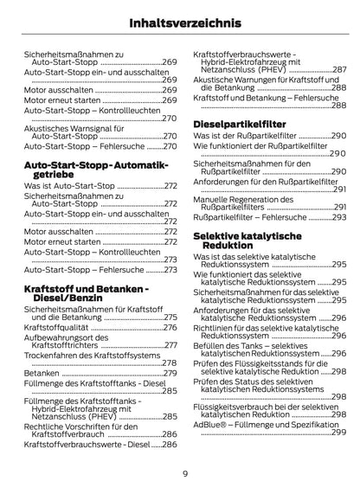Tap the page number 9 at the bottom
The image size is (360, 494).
coord(185,473)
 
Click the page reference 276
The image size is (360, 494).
coord(170,328)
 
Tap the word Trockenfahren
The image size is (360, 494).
coord(51,355)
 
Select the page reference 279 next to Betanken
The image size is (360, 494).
coord(170,373)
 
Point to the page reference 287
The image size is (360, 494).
coord(340,69)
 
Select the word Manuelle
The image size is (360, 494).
coord(213,199)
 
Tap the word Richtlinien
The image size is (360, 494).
coord(215,328)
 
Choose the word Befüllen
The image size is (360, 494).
coord(212,346)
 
